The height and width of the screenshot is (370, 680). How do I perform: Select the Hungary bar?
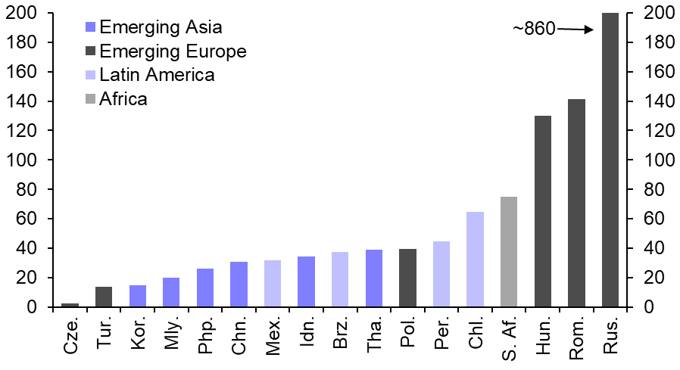pos(542,212)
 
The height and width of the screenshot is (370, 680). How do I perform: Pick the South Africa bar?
pos(508,252)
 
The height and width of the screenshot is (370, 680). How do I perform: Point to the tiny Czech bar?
pos(70,305)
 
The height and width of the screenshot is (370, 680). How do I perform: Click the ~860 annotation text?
pos(534,29)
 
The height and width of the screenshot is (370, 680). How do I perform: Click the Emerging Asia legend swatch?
pos(90,27)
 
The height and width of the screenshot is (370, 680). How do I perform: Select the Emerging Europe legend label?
pos(173,51)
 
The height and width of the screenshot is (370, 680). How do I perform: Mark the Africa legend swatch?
pos(90,99)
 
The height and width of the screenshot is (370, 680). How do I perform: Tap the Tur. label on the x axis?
pos(104,334)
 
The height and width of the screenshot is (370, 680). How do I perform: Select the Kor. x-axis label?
pos(137,334)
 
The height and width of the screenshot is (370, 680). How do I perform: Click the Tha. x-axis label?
pos(373,334)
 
